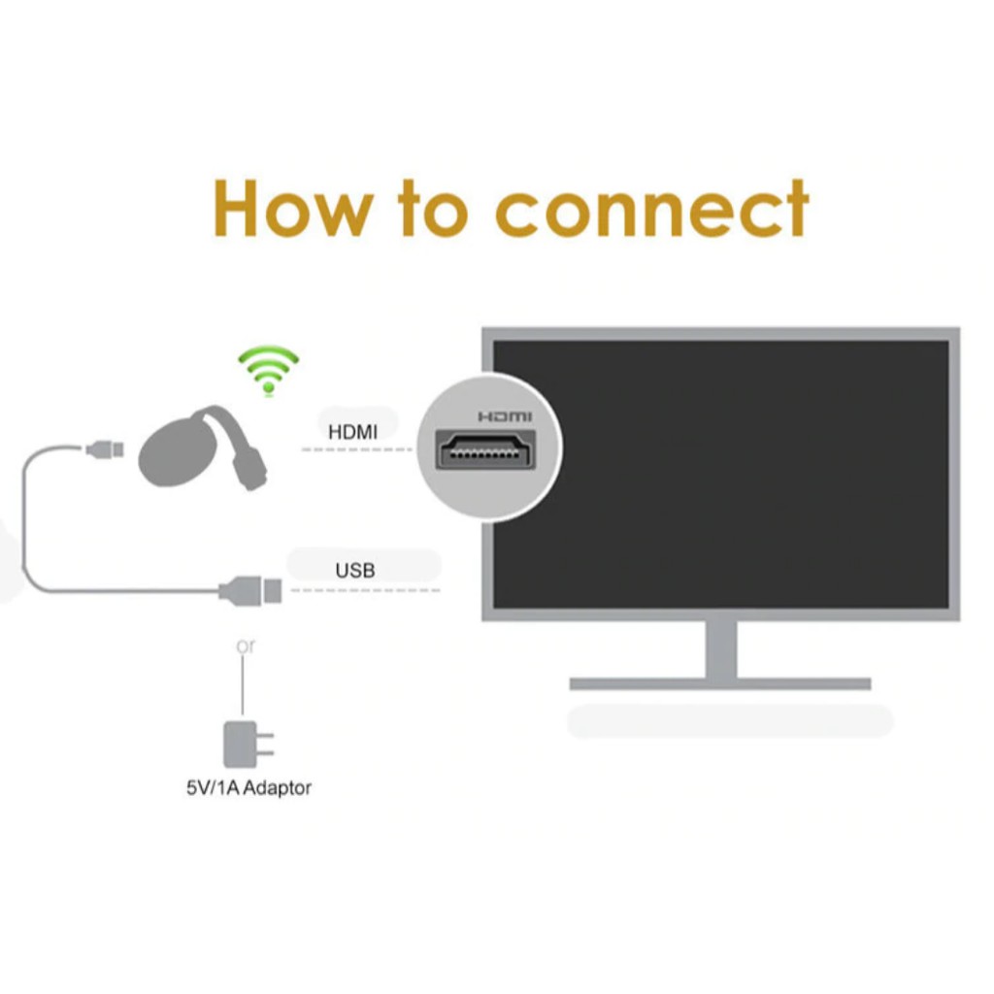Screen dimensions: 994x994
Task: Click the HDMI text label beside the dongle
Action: click(x=352, y=432)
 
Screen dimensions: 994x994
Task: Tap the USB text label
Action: click(x=354, y=570)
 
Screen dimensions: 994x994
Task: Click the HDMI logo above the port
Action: click(x=505, y=416)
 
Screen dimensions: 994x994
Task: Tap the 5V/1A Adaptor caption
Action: click(x=248, y=788)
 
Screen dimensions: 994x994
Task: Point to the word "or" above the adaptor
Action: click(x=246, y=646)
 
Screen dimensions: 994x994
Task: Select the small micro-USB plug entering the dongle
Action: click(x=105, y=449)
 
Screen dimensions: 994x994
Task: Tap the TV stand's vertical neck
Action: click(x=720, y=647)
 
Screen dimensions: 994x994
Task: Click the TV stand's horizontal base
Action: click(x=719, y=683)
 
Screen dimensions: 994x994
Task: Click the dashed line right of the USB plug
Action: click(x=364, y=589)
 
